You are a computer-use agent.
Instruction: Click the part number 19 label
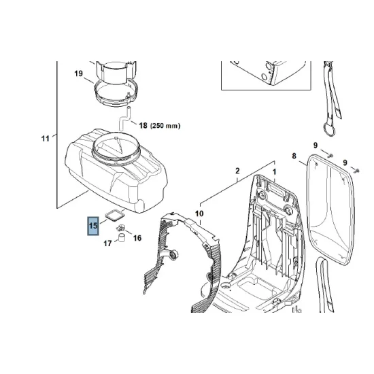point(78,73)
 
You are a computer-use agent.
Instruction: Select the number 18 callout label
point(143,126)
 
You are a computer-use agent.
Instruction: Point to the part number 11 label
point(45,139)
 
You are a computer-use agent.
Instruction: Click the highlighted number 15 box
point(92,226)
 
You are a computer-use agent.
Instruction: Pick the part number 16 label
point(137,238)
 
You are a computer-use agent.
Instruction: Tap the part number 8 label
point(294,157)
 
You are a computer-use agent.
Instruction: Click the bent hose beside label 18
point(122,122)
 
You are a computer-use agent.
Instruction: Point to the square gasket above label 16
point(116,216)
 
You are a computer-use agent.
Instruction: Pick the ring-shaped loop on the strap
point(325,129)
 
